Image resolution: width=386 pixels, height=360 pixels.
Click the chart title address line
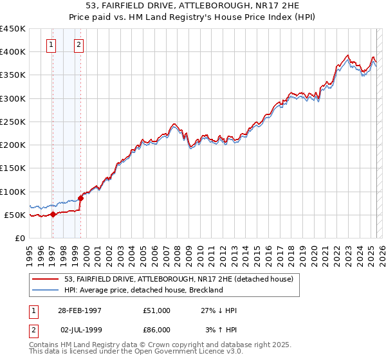194,7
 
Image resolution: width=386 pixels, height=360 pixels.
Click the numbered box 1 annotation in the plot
51,45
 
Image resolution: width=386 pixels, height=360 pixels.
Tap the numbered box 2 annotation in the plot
78,45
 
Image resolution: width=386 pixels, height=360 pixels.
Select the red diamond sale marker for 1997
53,214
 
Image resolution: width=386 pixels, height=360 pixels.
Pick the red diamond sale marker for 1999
80,198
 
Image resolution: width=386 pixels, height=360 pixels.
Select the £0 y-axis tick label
19,238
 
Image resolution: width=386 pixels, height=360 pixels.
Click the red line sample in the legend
46,280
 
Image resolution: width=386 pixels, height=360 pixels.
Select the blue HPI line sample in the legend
46,290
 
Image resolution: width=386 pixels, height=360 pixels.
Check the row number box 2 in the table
33,330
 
